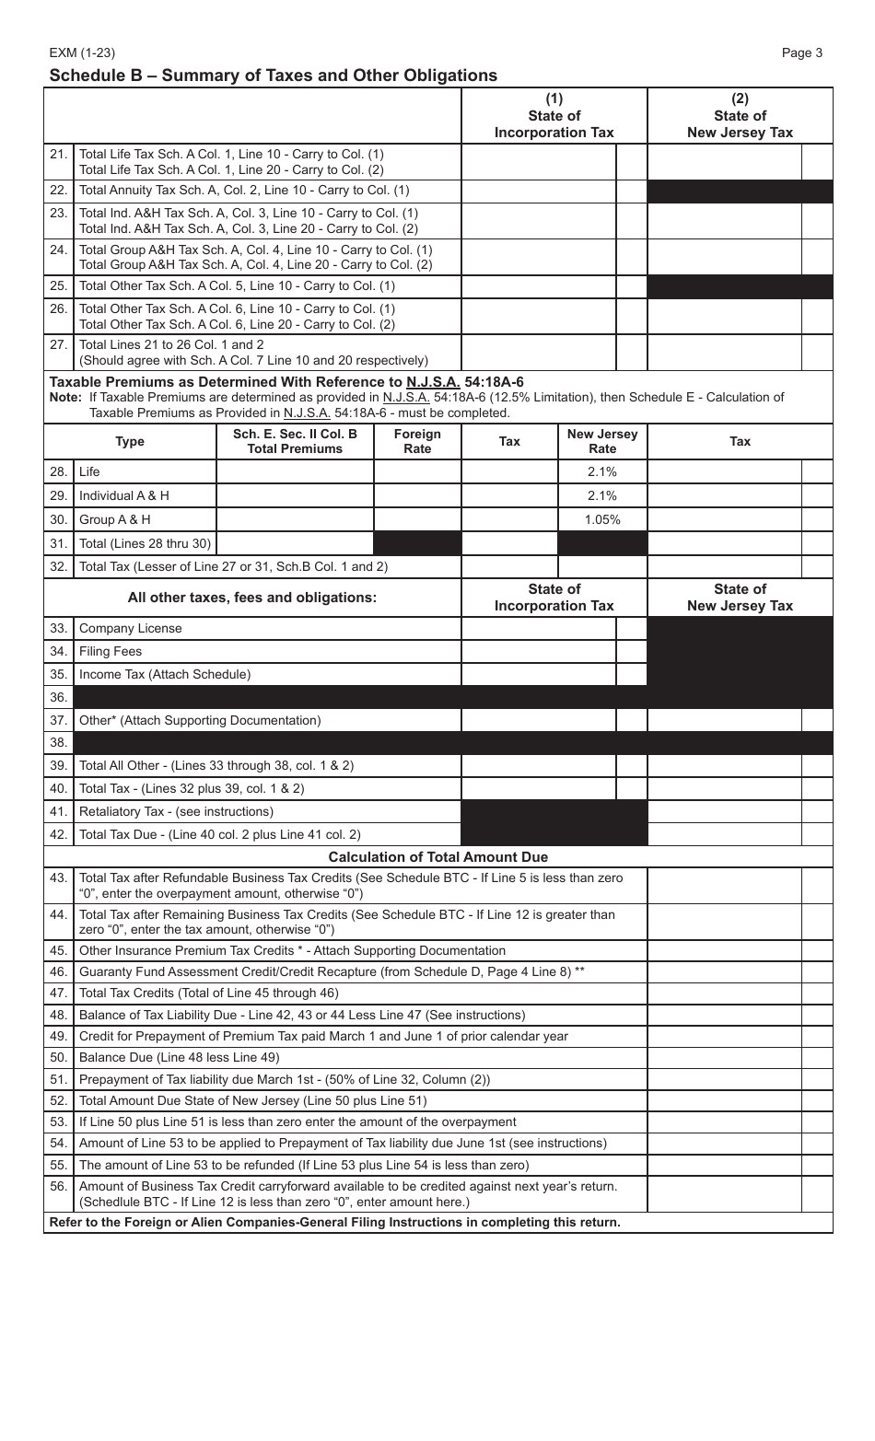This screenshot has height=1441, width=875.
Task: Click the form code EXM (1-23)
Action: [x=82, y=52]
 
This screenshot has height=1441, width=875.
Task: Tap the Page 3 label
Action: [x=801, y=52]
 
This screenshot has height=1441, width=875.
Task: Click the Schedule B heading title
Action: [x=273, y=76]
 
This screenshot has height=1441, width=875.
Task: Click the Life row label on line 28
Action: [x=89, y=471]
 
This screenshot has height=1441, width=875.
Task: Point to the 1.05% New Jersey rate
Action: [x=601, y=519]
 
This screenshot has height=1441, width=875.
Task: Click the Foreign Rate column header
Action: [x=417, y=441]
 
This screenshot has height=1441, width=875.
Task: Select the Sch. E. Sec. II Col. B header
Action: [x=295, y=441]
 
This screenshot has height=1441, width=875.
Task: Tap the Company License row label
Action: [x=131, y=628]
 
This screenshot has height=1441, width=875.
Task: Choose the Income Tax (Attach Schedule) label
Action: [x=165, y=674]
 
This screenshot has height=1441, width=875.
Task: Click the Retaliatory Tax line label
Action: [x=176, y=811]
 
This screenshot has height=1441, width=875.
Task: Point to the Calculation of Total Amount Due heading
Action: [x=437, y=857]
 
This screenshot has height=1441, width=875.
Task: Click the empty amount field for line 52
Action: [x=724, y=1100]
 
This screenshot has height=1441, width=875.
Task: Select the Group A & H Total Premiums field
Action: [x=295, y=519]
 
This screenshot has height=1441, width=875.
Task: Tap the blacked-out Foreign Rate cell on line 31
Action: [x=417, y=543]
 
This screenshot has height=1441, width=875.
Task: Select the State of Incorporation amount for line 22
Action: [x=538, y=191]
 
